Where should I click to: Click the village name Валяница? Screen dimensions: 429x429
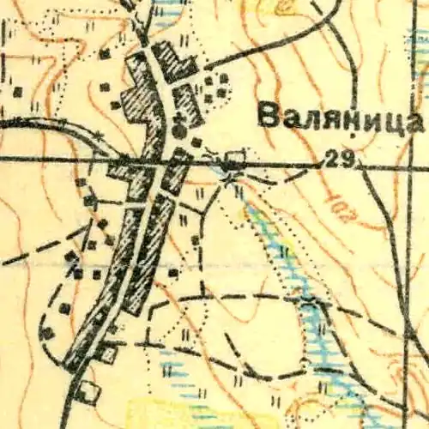point(341,118)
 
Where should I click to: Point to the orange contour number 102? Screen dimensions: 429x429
point(340,206)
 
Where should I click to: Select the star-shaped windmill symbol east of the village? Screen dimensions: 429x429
point(227,178)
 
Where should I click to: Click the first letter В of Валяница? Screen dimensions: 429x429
point(267,118)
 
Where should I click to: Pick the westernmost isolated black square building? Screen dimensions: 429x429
point(17,88)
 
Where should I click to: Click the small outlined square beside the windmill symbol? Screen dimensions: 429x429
point(234,160)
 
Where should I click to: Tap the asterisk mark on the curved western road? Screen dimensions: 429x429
point(101,136)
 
